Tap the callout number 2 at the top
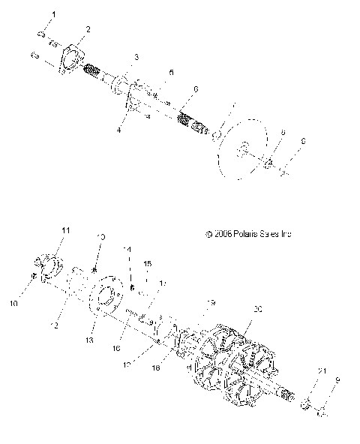[x=88, y=29]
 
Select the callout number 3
[x=136, y=57]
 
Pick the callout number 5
[x=171, y=72]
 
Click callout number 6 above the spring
[x=195, y=89]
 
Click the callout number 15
[x=148, y=263]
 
